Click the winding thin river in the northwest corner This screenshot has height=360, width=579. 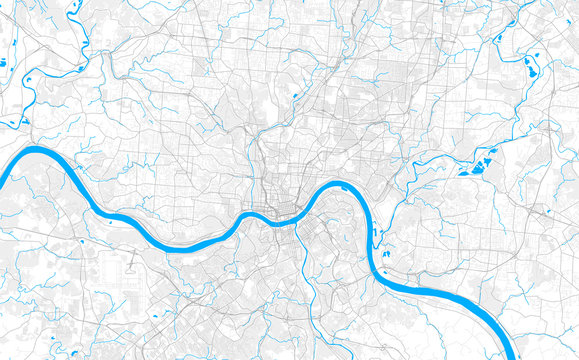pos(80,30)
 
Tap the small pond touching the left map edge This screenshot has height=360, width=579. pos(3,66)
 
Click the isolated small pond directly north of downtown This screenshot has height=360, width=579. pos(297,97)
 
